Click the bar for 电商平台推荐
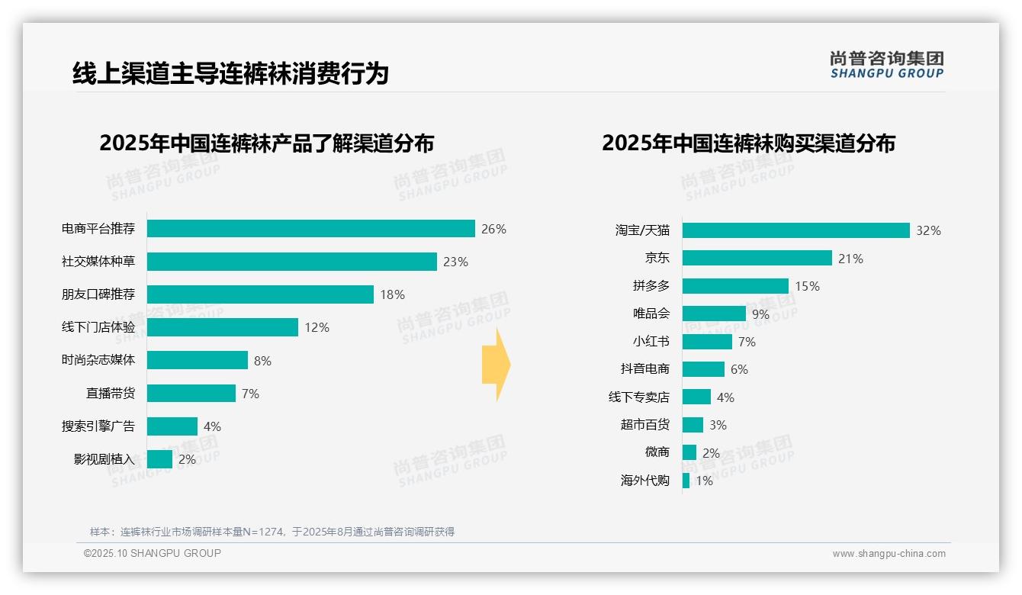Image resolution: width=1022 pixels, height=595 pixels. point(311,229)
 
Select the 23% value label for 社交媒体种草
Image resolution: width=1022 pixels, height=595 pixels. point(455,262)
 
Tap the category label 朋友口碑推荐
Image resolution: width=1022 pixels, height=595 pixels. point(98,294)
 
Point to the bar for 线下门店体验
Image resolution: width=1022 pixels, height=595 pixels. point(223,327)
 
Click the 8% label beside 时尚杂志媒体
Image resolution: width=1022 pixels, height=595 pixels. point(262,361)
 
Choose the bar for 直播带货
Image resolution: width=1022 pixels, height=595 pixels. point(191,394)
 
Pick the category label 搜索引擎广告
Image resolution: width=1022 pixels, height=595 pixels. point(98,426)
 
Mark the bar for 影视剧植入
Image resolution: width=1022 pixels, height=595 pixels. point(160,459)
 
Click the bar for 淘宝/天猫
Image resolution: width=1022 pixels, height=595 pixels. point(796,230)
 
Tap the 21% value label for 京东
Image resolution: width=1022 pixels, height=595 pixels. point(850,259)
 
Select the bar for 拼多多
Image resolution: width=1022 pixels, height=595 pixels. point(735,286)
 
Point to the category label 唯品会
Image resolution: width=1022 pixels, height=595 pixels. point(651,314)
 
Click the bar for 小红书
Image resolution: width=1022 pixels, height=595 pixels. point(707,342)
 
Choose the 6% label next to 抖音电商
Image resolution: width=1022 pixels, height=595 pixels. point(739,369)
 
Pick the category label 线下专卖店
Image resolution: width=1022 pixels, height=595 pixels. point(639,397)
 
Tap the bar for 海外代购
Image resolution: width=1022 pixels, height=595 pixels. point(686,481)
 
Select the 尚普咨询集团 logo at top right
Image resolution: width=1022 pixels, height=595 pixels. point(887,64)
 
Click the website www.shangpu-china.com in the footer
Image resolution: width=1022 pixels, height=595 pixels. point(889,554)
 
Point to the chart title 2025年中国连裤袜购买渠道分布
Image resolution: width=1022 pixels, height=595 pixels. point(748,143)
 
